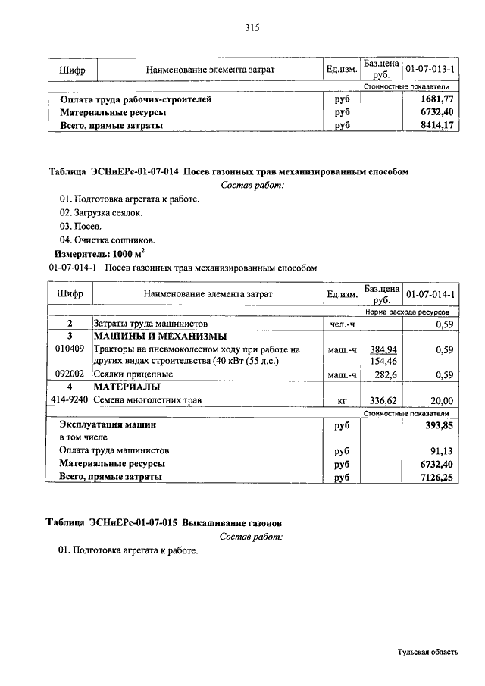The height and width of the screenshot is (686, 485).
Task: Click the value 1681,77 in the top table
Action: pos(437,99)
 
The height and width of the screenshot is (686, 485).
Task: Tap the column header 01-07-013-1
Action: pos(430,70)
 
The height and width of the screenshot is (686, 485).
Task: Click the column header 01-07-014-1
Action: pos(430,293)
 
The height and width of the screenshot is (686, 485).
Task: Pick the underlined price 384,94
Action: pos(383,349)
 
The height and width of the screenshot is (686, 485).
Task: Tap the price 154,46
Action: pos(383,362)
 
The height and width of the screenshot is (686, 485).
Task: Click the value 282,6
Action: pos(386,374)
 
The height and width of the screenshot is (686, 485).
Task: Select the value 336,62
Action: pos(383,401)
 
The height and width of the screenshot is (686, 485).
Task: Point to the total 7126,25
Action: pos(437,477)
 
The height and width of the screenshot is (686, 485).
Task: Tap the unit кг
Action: pos(341,401)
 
